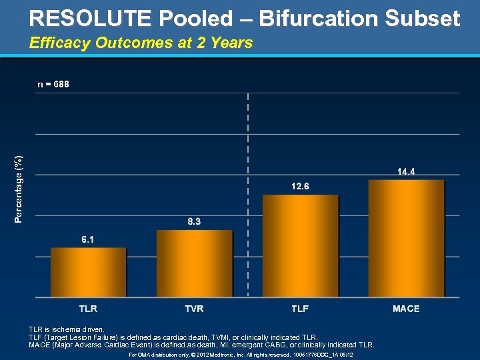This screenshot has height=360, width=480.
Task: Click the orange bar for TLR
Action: click(x=89, y=272)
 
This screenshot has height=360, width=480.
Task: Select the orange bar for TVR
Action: click(x=194, y=263)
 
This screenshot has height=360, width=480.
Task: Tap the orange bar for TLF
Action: click(x=300, y=245)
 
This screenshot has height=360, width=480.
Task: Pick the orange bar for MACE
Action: click(x=406, y=238)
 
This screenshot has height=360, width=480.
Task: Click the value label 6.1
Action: click(x=88, y=239)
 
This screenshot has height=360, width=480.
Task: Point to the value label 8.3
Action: click(x=194, y=221)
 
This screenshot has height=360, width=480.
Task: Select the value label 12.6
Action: click(x=300, y=186)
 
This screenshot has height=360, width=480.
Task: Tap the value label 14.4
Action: click(x=406, y=171)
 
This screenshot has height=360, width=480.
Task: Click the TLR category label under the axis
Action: click(x=88, y=309)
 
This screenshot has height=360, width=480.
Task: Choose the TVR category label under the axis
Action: click(x=194, y=309)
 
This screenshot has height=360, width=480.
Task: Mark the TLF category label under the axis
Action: click(x=300, y=309)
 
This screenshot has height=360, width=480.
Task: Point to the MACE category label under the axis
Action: click(x=406, y=309)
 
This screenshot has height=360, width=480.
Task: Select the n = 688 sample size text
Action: click(x=53, y=85)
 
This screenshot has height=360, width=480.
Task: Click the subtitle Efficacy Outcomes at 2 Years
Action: click(x=141, y=43)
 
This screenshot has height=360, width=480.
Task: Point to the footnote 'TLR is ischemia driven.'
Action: click(x=67, y=329)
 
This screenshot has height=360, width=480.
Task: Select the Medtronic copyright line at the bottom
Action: click(x=240, y=354)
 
